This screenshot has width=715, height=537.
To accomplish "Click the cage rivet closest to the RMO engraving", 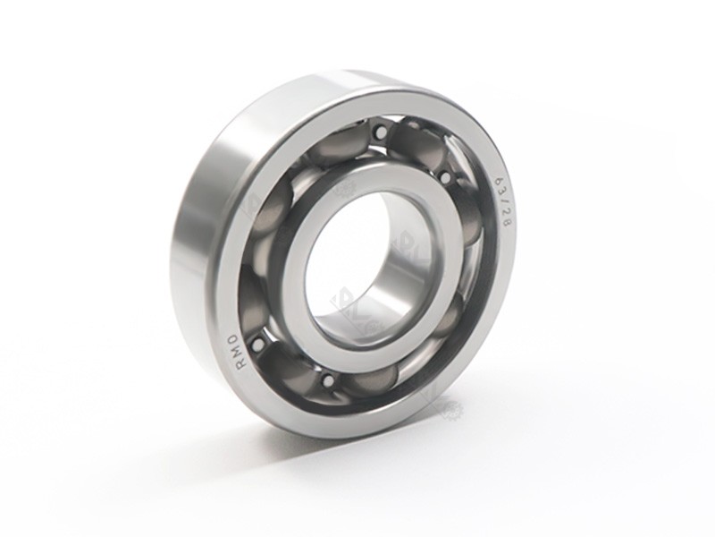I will (258, 343).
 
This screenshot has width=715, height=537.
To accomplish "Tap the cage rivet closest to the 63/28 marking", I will (445, 177).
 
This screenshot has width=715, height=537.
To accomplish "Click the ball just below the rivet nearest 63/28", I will (465, 219).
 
